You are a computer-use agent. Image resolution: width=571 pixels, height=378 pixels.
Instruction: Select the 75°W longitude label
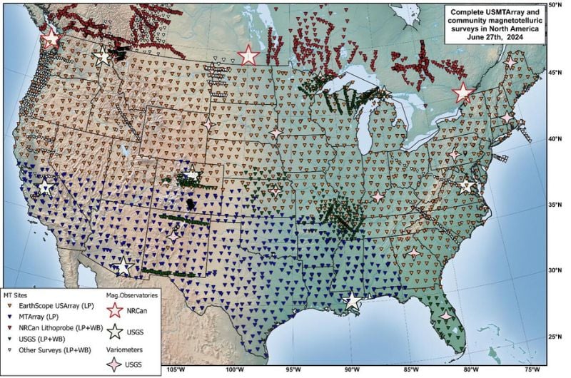click(x=531, y=370)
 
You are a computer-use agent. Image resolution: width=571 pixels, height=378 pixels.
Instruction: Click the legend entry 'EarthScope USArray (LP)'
click(x=54, y=306)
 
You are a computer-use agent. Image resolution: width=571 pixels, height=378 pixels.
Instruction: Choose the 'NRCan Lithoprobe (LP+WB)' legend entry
click(x=59, y=327)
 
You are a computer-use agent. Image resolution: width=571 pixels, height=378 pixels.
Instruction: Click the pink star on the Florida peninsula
click(x=446, y=316)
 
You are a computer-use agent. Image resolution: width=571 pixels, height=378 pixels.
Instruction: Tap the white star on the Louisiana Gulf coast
click(x=352, y=300)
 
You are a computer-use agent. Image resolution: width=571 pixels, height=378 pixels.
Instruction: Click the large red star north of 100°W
click(x=248, y=55)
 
